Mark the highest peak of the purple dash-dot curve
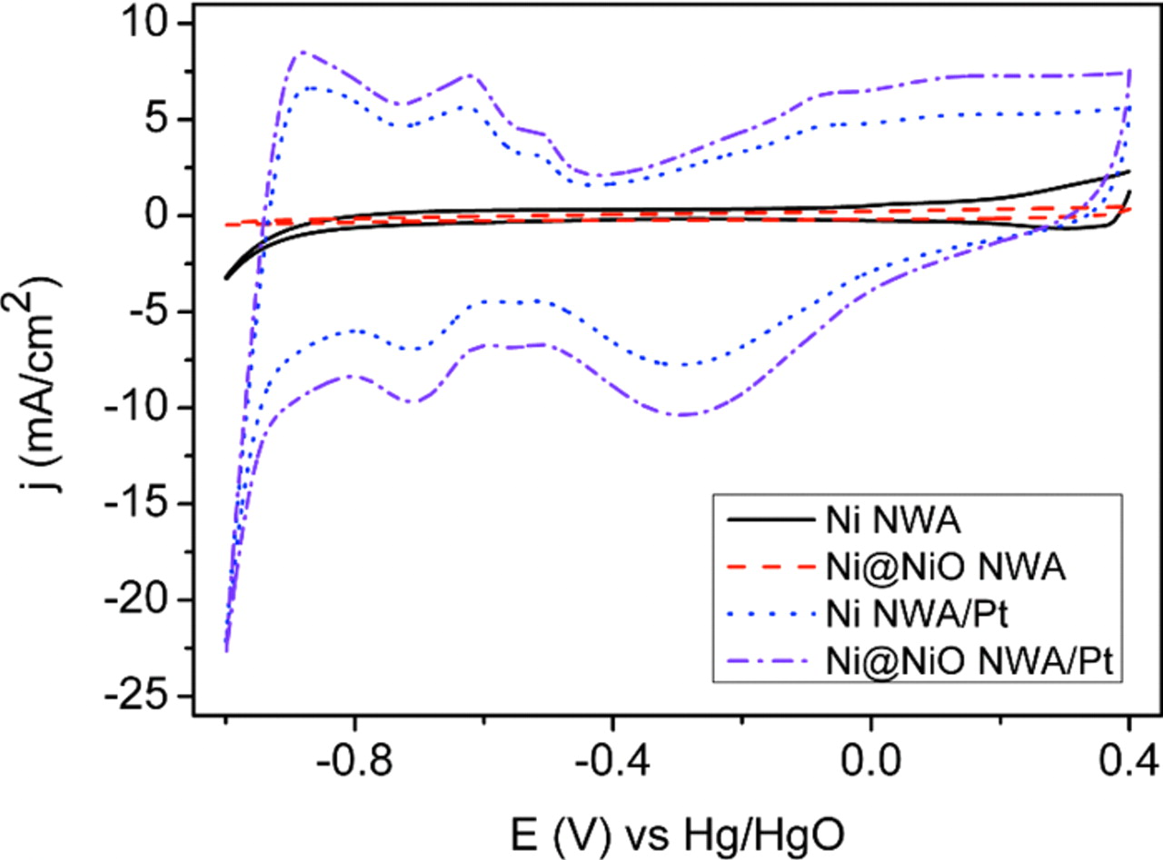[302, 52]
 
